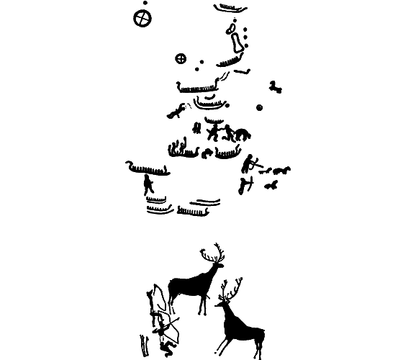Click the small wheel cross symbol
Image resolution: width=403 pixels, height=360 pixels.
click(181, 58)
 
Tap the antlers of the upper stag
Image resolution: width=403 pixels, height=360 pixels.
click(213, 253)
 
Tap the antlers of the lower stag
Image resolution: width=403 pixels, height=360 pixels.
click(231, 289)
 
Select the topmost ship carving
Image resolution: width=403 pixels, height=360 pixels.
click(229, 9)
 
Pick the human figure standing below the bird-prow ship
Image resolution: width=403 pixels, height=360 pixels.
click(149, 185)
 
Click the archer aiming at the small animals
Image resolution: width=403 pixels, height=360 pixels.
click(249, 164)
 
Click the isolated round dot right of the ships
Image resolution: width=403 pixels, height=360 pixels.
click(259, 108)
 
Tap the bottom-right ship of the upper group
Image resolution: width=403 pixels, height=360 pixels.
click(193, 211)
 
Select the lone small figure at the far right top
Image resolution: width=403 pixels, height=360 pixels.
click(275, 87)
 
